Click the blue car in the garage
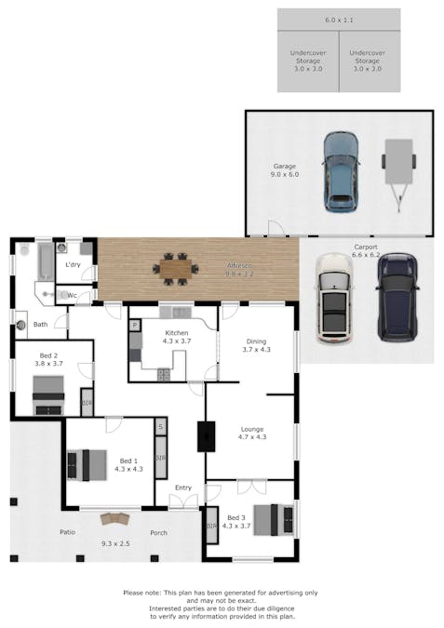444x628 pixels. click(x=340, y=170)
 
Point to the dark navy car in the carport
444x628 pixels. click(x=395, y=295)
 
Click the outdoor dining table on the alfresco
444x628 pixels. click(x=175, y=269)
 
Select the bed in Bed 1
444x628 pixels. click(x=84, y=463)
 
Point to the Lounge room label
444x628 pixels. click(x=251, y=430)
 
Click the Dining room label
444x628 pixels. click(x=256, y=341)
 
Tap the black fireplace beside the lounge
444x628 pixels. click(x=206, y=436)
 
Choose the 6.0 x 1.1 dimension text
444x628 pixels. click(x=339, y=20)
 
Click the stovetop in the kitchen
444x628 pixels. click(x=163, y=374)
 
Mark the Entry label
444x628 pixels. click(x=182, y=488)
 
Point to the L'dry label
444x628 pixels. click(x=73, y=265)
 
